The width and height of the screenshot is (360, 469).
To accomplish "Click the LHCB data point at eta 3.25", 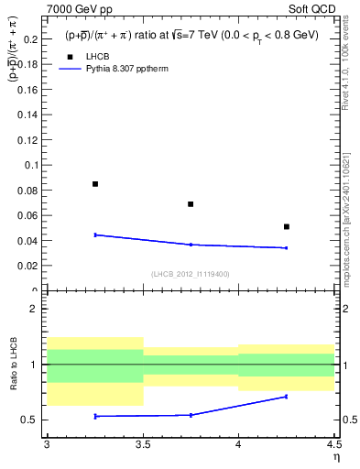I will coord(95,184).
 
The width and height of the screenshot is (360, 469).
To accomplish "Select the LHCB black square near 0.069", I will coord(191,204).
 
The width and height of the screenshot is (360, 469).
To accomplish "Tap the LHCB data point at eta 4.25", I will coord(287,226).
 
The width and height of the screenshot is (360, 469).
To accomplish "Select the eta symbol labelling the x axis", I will coord(335,455).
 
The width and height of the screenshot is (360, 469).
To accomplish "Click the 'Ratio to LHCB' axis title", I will coord(12,365).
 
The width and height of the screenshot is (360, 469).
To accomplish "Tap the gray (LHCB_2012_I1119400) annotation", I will coord(191,274).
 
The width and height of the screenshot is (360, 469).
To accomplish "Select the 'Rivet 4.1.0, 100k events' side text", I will coord(346,69).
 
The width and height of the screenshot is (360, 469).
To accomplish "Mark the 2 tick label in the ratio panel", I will coord(33,309).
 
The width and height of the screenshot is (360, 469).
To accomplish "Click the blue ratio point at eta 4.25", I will coord(287,397).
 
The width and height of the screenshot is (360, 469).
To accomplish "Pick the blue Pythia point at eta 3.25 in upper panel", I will coord(95,234).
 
